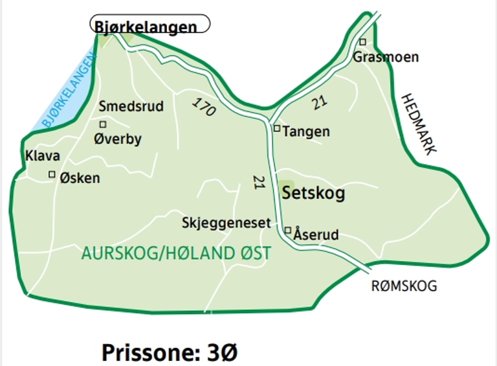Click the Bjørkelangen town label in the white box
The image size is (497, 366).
tap(146, 27)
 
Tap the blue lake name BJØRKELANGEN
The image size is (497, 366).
tap(64, 91)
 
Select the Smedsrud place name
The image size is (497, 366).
tap(131, 106)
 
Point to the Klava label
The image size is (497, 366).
tap(43, 156)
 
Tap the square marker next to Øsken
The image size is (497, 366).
tap(52, 174)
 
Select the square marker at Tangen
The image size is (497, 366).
tap(277, 128)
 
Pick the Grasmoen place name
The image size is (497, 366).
tap(386, 57)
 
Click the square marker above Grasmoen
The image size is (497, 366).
tap(362, 42)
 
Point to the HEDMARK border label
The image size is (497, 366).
tap(419, 124)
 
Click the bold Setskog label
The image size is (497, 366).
tap(314, 193)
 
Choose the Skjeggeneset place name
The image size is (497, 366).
tap(226, 222)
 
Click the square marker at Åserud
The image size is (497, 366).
tap(288, 229)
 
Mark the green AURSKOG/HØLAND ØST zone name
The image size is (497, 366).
tap(176, 253)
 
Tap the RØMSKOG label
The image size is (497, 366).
tap(404, 286)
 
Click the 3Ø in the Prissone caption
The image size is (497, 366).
tap(223, 353)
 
